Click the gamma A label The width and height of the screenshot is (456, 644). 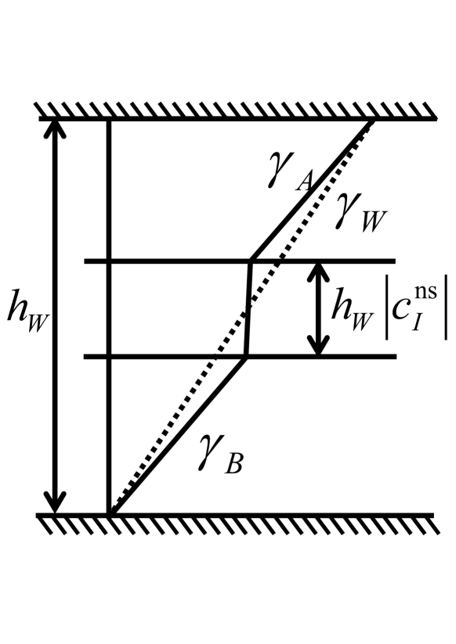pos(289,178)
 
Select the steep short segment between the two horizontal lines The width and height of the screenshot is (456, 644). pos(248,309)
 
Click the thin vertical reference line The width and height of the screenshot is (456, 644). pos(109,313)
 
